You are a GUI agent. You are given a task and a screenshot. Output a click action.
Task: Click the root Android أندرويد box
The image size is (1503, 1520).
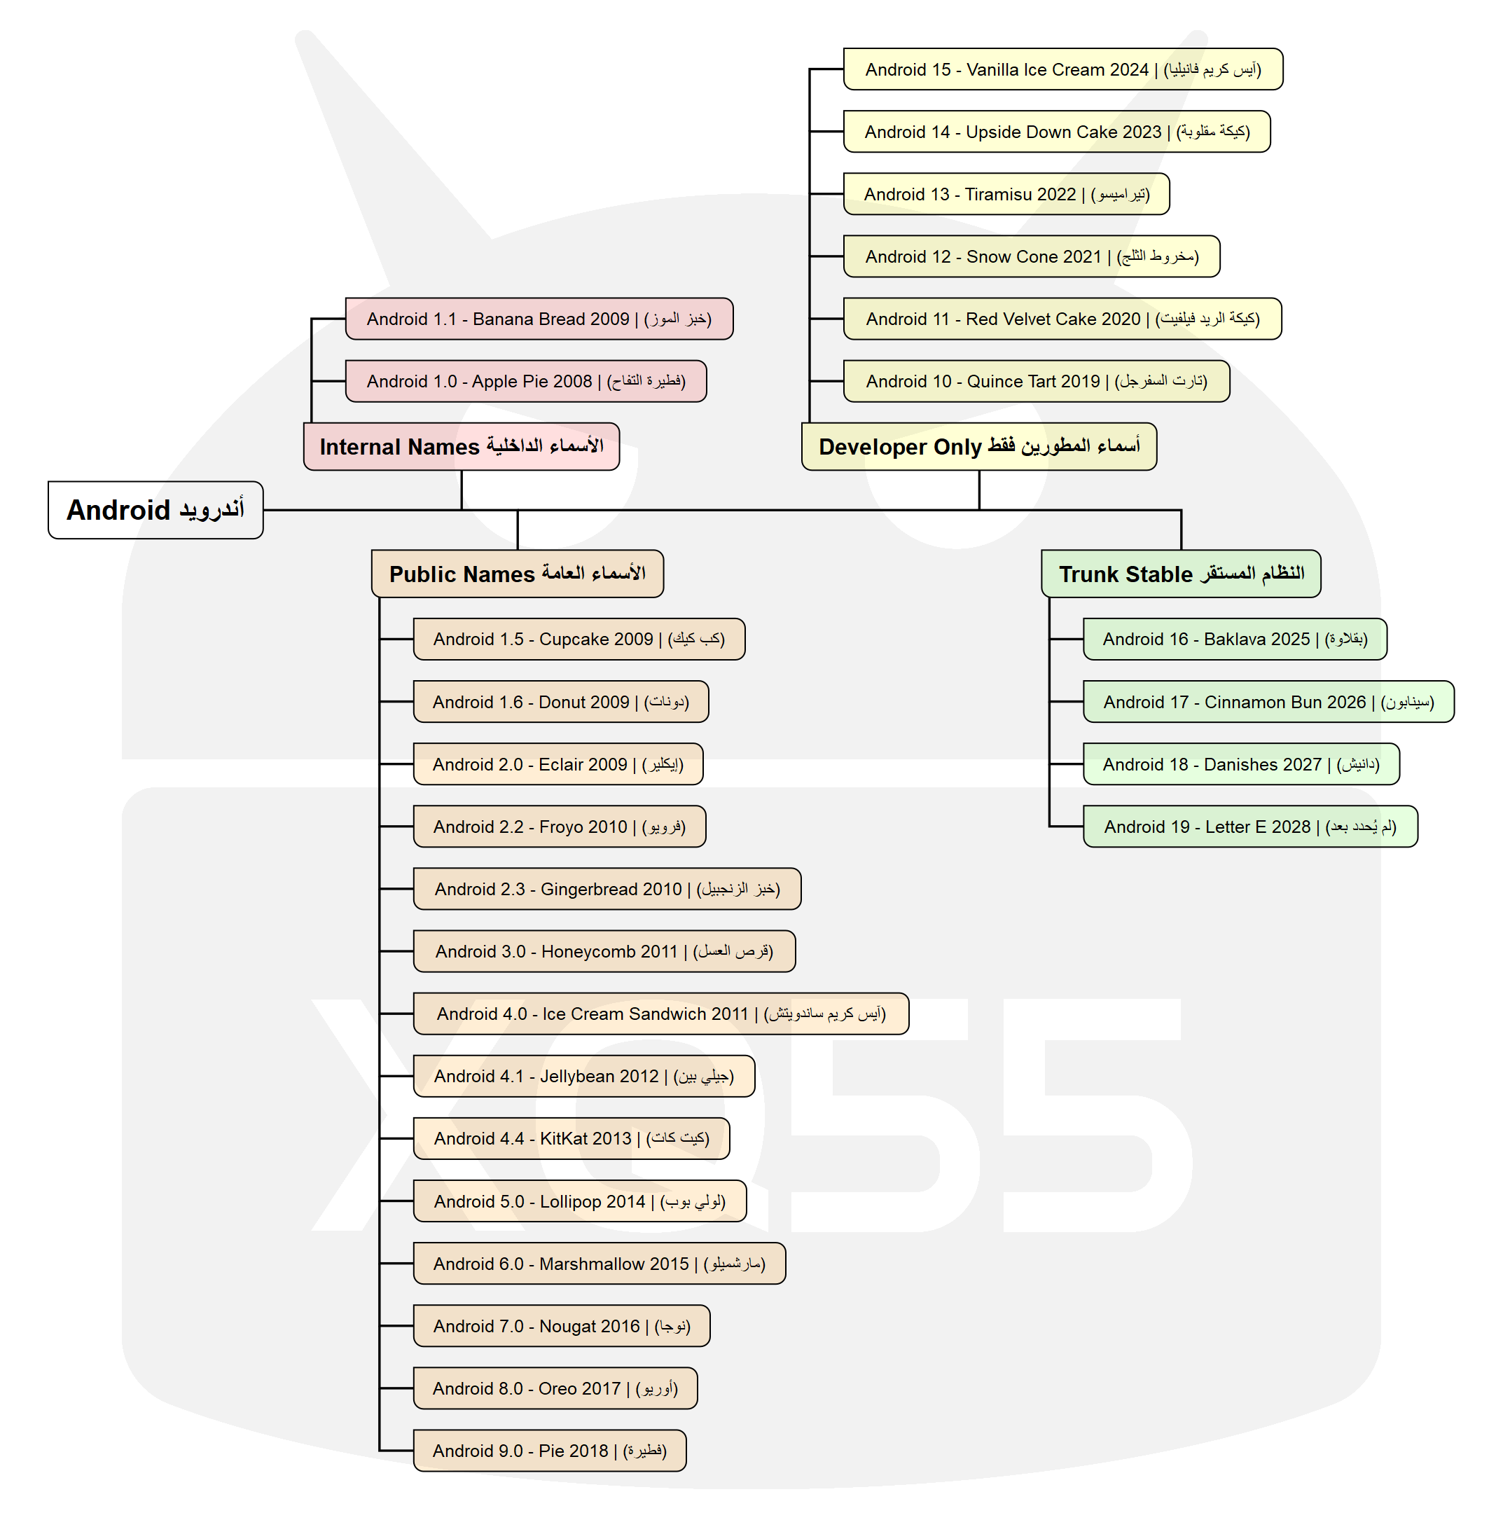click(155, 510)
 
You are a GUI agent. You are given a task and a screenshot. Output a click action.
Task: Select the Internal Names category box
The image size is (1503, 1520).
click(461, 446)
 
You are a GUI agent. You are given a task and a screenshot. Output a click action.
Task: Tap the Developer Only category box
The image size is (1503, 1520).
click(978, 446)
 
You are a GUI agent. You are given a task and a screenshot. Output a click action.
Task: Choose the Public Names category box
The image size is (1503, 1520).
click(517, 574)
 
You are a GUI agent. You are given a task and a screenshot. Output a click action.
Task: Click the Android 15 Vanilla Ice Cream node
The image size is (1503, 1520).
click(1062, 69)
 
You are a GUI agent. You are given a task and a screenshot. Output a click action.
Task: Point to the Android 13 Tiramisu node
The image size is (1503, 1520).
click(1005, 193)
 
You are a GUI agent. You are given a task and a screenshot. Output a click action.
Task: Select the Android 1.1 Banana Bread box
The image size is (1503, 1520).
click(539, 319)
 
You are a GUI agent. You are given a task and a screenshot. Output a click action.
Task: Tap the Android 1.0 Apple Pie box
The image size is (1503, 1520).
click(525, 381)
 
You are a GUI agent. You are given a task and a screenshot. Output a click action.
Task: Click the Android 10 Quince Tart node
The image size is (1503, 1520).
click(1036, 381)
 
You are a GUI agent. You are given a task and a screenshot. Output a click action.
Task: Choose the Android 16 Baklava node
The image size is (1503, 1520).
click(1234, 639)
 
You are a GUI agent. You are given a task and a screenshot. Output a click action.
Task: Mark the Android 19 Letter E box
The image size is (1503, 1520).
click(1249, 826)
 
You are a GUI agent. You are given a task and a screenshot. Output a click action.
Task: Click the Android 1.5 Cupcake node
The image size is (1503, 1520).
click(579, 639)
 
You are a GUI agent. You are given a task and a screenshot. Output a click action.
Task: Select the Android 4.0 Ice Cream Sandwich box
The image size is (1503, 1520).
click(660, 1014)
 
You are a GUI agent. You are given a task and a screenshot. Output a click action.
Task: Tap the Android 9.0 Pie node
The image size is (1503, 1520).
click(549, 1450)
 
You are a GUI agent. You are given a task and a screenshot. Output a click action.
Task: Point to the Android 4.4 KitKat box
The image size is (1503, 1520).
click(571, 1138)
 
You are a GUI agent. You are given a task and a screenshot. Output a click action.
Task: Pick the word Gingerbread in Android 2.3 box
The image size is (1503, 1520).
click(589, 889)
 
